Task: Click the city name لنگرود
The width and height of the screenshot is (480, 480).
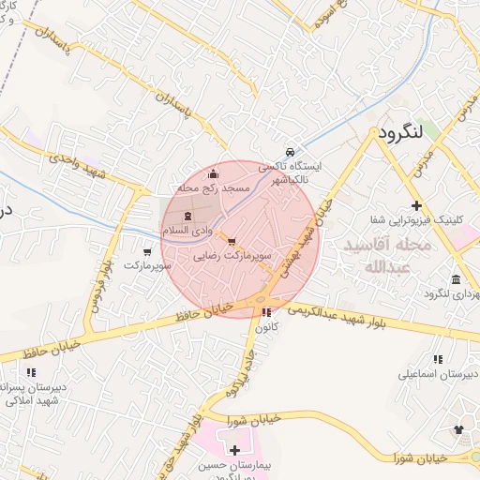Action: click(403, 134)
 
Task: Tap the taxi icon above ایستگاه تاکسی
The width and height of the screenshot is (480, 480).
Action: click(291, 152)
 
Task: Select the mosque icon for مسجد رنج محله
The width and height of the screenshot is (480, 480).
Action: click(214, 172)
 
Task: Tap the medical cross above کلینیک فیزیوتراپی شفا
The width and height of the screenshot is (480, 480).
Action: click(416, 205)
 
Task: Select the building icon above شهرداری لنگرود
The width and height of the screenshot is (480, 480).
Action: click(456, 280)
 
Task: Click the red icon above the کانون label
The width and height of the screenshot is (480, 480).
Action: click(267, 312)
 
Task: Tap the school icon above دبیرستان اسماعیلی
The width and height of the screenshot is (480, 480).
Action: click(437, 358)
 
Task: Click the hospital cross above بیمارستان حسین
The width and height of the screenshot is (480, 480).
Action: click(234, 451)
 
